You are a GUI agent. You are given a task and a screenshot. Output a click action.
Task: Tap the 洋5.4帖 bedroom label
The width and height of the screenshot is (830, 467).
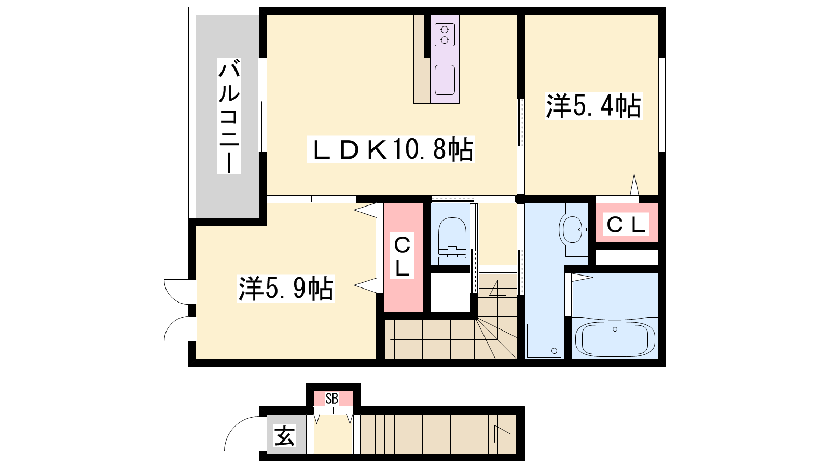tap(593, 106)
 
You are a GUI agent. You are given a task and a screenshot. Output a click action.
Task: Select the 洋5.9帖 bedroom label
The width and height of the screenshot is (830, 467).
tap(286, 289)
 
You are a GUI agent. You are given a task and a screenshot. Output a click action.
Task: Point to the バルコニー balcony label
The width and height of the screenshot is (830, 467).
tap(229, 116)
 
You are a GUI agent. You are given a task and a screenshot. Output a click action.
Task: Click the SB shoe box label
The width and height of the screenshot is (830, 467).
tap(332, 399)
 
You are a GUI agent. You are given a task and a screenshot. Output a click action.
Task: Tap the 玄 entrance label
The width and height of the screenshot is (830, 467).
tap(284, 436)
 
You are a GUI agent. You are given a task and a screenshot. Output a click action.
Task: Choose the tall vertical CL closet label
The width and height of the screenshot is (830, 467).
tap(402, 256)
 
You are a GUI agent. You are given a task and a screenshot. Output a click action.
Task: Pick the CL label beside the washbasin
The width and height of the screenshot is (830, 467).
tap(626, 224)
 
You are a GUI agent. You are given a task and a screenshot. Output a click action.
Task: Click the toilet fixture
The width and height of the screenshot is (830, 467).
tap(452, 241)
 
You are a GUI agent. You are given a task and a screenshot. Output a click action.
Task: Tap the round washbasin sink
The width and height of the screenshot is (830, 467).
tap(573, 229)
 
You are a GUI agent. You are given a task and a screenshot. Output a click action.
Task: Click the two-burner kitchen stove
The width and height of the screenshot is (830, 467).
tap(445, 35)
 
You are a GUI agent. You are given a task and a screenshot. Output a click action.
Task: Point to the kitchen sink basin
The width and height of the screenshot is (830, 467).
tap(445, 80)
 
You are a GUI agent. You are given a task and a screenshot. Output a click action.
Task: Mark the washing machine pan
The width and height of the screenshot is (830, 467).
tap(544, 340)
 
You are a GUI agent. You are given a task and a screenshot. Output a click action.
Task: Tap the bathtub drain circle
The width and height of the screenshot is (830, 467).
tap(615, 329)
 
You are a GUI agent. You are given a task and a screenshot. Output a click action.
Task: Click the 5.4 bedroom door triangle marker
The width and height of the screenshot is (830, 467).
tap(634, 185)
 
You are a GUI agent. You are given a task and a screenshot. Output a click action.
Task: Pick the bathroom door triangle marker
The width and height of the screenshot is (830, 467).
tap(582, 277)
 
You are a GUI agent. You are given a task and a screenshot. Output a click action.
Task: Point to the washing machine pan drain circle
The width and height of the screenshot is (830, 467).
tap(555, 351)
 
